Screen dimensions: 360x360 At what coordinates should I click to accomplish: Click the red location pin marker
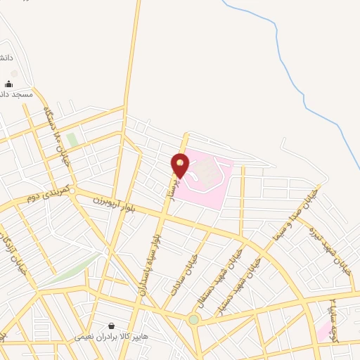tap(180, 165)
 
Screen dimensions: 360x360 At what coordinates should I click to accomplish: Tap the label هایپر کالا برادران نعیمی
tap(112, 337)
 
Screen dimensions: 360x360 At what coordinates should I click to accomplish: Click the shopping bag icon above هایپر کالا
tap(112, 326)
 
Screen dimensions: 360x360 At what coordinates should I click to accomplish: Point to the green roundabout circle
tap(193, 320)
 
